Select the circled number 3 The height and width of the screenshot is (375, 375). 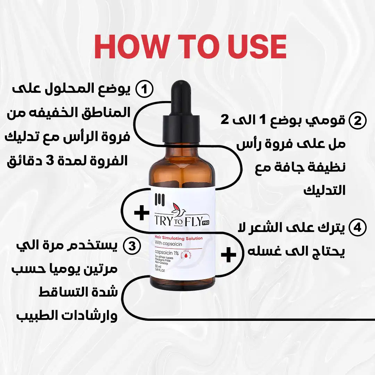tap(132, 246)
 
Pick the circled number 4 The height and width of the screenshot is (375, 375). tap(357, 228)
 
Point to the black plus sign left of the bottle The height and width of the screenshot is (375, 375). tap(142, 213)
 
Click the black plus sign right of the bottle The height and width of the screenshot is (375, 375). tap(228, 255)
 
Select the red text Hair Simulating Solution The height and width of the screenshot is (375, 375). tap(178, 238)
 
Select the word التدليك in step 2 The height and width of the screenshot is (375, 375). tap(325, 190)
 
